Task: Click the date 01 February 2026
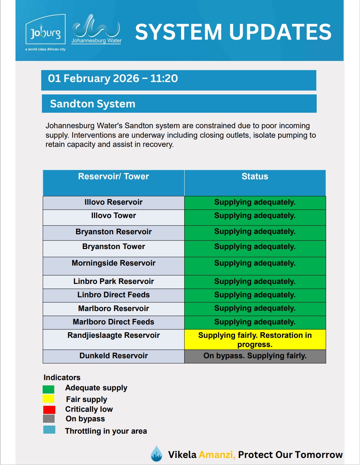coord(94,78)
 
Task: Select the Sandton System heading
coord(93,104)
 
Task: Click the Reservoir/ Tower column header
coord(113,176)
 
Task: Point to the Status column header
coord(255,176)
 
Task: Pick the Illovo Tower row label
coord(113,216)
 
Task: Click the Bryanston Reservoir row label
coord(113,232)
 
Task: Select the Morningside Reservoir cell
coord(113,263)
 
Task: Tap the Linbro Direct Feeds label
coord(113,295)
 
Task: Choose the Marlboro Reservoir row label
coord(113,309)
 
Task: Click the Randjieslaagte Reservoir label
coord(113,335)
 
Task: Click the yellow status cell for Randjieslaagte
coord(255,340)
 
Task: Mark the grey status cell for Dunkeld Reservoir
coord(255,356)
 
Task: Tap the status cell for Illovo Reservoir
coord(255,203)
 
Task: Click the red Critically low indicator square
coord(49,410)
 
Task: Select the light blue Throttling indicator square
coord(49,430)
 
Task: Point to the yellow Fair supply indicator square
coord(49,399)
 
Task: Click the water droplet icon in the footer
coord(156,454)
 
